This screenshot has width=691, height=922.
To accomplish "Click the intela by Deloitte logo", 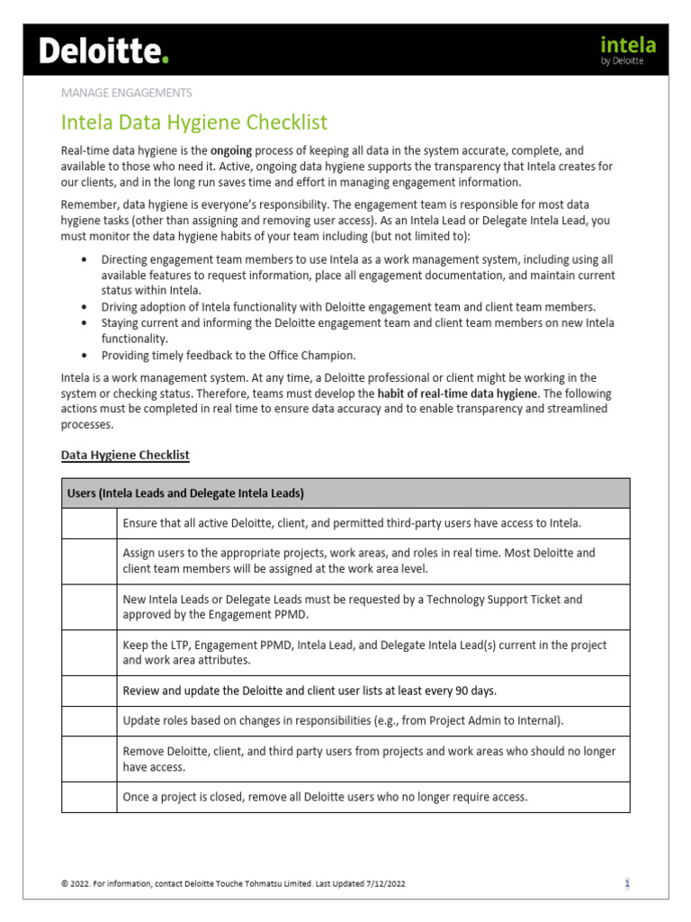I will click(x=628, y=50).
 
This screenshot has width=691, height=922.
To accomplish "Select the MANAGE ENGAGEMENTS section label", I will click(x=126, y=92).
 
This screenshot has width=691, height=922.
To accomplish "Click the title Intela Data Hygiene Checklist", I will click(x=193, y=122).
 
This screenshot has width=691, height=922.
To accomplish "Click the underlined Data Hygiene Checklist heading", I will click(x=125, y=455).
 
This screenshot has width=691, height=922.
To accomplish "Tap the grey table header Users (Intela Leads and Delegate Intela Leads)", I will click(x=185, y=493).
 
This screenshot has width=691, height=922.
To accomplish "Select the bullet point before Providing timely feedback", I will click(x=84, y=355).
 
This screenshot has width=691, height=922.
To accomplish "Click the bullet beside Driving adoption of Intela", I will click(x=84, y=307).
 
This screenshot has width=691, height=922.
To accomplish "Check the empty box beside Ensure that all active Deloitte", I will click(x=89, y=523).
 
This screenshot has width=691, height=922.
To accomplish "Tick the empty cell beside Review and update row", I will click(x=89, y=691).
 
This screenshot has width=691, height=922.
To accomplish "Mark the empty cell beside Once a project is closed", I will click(x=89, y=797).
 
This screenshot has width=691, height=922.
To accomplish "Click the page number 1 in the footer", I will click(x=627, y=883).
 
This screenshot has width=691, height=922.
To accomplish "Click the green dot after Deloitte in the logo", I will click(x=165, y=60).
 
